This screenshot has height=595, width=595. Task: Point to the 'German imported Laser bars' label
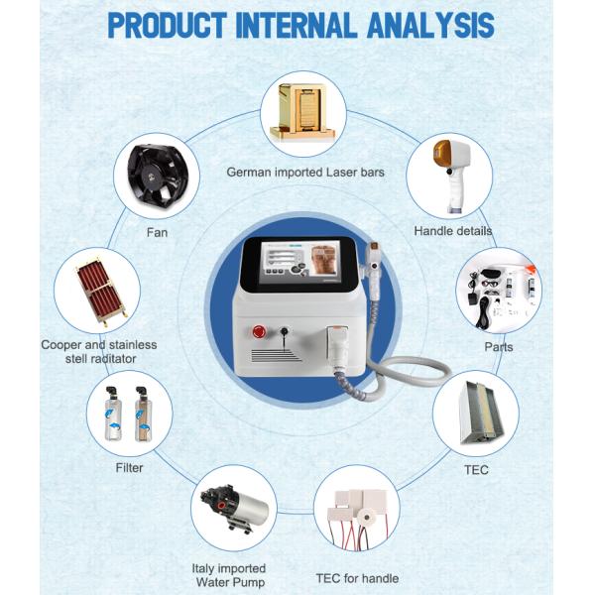click(x=304, y=172)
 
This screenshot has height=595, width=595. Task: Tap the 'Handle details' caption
click(x=452, y=231)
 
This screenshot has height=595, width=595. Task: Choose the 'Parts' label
click(x=499, y=347)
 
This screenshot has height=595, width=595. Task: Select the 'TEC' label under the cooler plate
click(x=477, y=469)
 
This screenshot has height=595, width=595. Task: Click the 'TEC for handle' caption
click(x=358, y=578)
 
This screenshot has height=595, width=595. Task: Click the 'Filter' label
click(x=129, y=467)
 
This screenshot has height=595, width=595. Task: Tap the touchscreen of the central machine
click(x=297, y=271)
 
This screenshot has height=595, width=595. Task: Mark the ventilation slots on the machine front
click(x=273, y=354)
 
